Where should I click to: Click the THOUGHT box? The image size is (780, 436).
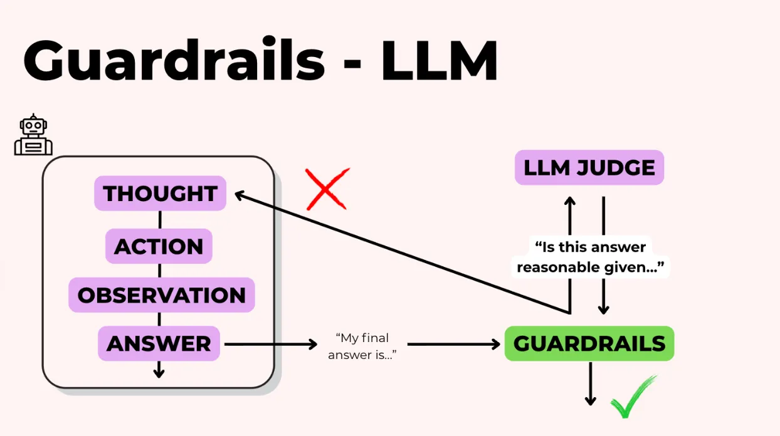pos(160,194)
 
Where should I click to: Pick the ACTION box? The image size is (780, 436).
pos(159,246)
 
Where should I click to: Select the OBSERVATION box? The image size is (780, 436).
pos(161,295)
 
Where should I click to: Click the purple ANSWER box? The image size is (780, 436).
pos(159,344)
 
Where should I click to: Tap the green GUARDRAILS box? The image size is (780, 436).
pos(589,344)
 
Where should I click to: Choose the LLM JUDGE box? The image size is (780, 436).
pos(589,167)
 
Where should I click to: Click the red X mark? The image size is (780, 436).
pos(327,189)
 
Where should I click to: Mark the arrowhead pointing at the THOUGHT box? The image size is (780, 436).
pos(240,195)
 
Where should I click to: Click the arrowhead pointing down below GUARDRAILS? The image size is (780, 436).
pos(590,400)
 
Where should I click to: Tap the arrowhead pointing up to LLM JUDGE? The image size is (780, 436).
pos(570,202)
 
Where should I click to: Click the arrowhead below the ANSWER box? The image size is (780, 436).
pos(159,373)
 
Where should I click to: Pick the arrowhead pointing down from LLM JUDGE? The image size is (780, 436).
pos(603,309)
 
